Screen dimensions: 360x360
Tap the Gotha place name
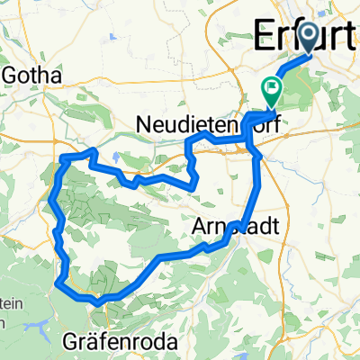pyautogui.click(x=32, y=76)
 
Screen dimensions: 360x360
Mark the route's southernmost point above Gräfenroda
pyautogui.click(x=96, y=302)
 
